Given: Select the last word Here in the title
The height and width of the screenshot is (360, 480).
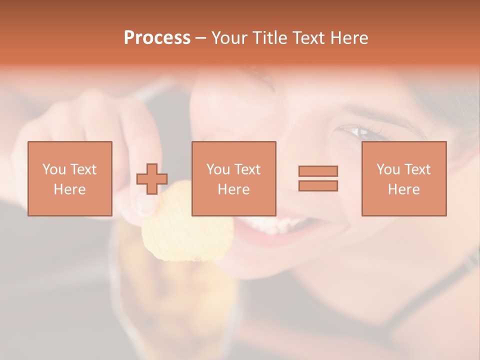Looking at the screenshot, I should click(x=349, y=38).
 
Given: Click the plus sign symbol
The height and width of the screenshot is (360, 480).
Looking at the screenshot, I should click(x=152, y=179).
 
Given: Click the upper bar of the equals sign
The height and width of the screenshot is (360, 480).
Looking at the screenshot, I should click(x=318, y=171).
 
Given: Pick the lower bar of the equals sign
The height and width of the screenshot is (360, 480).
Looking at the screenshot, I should click(x=318, y=185).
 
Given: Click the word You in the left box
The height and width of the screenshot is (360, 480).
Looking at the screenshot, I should click(x=54, y=169).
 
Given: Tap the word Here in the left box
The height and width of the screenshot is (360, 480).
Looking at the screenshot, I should click(x=69, y=189).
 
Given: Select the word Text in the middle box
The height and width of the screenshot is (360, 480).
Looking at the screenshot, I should click(x=247, y=169).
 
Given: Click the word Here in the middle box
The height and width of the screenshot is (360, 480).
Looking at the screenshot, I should click(x=233, y=189).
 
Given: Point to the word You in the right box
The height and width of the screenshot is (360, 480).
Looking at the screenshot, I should click(x=388, y=169).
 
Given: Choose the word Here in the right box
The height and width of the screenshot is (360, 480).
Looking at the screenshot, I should click(x=403, y=189).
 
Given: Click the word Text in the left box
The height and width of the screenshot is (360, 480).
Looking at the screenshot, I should click(x=83, y=169).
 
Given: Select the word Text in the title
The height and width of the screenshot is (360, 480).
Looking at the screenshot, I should click(x=306, y=38).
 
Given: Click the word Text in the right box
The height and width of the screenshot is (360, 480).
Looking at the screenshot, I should click(x=417, y=169).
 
